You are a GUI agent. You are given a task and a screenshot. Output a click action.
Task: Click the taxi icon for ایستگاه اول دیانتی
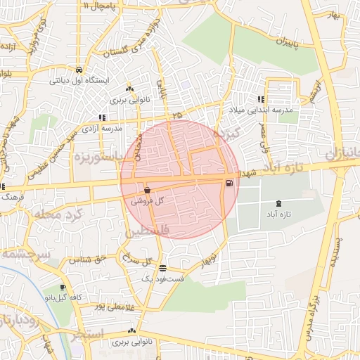79,70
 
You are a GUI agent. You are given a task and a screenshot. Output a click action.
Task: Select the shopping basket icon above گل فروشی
147,190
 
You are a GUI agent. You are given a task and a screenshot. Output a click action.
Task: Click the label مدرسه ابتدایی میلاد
255,110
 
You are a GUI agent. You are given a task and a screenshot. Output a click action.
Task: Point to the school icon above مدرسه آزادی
103,118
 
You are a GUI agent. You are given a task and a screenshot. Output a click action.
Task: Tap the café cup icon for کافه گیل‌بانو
63,288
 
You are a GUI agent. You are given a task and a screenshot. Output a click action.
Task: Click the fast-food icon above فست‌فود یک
163,268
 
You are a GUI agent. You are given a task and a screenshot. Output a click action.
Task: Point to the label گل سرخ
138,260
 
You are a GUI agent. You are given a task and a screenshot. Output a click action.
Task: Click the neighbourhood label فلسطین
148,231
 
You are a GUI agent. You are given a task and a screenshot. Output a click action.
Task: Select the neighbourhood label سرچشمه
24,253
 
